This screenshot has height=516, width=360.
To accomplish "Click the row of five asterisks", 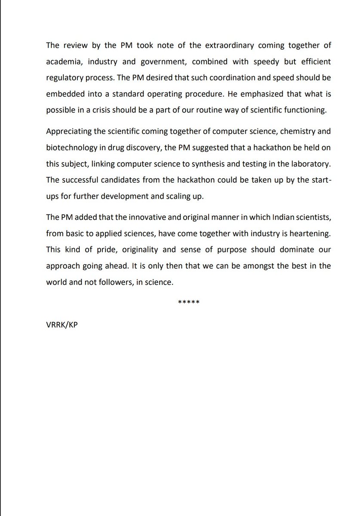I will pyautogui.click(x=188, y=302).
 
